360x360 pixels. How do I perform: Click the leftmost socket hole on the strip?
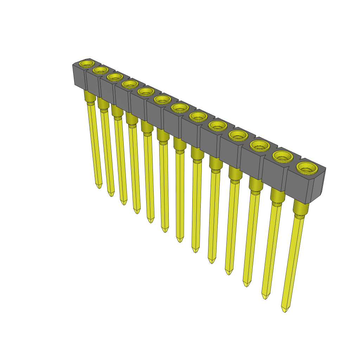click(86, 64)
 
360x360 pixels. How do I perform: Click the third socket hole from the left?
click(115, 76)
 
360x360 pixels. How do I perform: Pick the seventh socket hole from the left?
click(180, 107)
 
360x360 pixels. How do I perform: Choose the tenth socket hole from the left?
click(238, 135)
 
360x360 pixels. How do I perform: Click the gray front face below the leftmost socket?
click(79, 77)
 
